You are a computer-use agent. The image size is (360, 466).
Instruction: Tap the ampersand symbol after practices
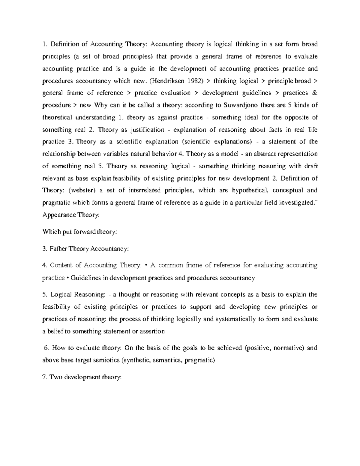[x=315, y=93]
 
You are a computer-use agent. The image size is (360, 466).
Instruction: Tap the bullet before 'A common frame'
[x=146, y=265]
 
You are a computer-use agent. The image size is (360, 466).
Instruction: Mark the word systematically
[x=235, y=319]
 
